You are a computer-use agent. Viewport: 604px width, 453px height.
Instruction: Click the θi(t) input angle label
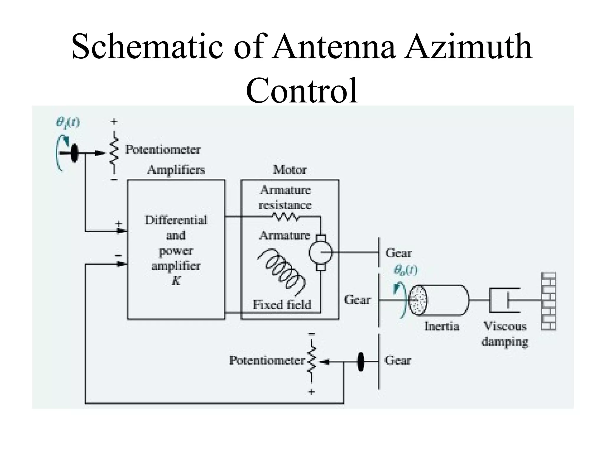tap(68, 122)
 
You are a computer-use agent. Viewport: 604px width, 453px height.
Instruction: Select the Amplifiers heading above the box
tap(176, 170)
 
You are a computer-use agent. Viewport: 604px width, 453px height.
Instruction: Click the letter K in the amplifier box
tap(176, 281)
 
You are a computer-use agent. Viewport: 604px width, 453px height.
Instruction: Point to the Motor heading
tap(290, 170)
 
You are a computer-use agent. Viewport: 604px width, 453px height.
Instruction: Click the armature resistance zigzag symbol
tap(285, 218)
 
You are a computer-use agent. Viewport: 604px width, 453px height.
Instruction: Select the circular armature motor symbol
tap(321, 252)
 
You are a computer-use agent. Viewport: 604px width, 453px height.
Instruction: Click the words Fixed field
tap(282, 305)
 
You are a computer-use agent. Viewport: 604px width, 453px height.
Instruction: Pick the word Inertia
tap(441, 326)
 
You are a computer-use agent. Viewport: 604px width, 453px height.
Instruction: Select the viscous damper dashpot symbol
tap(504, 300)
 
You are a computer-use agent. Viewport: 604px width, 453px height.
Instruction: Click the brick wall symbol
tap(548, 301)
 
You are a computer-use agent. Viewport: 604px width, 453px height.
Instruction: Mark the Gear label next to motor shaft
tap(398, 253)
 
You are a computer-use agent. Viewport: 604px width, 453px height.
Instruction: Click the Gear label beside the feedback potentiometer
tap(398, 360)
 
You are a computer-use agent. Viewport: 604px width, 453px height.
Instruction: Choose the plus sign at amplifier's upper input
tap(119, 224)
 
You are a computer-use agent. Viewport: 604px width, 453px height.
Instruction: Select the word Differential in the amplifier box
tap(176, 220)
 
